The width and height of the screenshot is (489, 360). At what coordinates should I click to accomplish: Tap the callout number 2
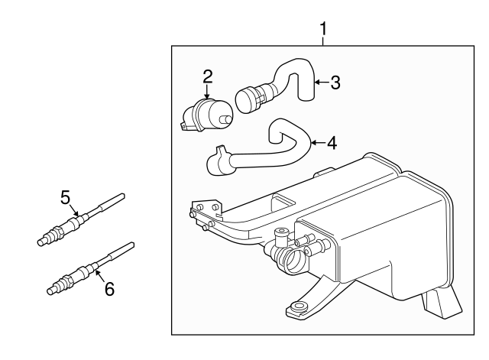(x=207, y=76)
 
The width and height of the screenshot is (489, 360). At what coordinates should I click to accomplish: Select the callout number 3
(x=335, y=83)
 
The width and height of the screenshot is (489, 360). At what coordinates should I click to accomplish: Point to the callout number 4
(x=331, y=143)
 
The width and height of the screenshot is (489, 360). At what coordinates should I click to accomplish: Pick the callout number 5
(x=66, y=197)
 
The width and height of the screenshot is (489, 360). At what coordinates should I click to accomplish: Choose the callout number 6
(x=108, y=289)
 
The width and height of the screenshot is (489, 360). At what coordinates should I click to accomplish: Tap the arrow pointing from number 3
(x=320, y=83)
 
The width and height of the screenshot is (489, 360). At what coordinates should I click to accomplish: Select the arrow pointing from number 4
(x=316, y=142)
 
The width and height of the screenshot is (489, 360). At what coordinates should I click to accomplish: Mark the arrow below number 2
(x=207, y=92)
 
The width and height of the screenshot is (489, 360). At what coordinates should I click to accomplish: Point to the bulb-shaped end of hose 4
(x=219, y=162)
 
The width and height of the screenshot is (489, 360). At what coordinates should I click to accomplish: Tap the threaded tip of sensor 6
(x=52, y=289)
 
